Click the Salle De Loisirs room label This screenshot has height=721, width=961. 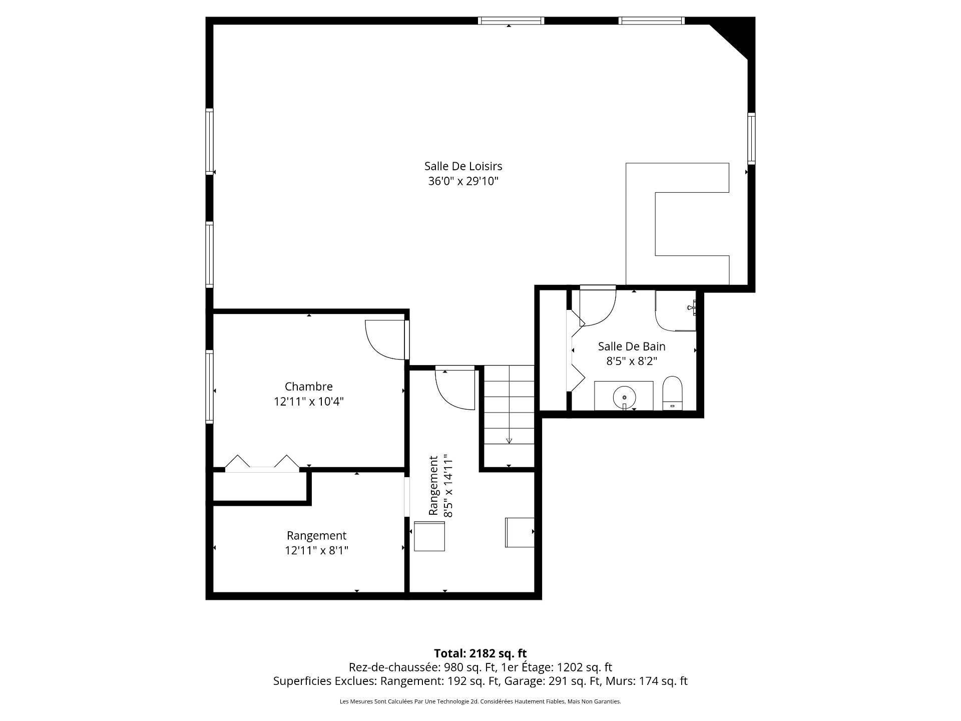463,166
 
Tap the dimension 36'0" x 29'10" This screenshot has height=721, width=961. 463,181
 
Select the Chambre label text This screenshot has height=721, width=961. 308,387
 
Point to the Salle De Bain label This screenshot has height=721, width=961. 632,346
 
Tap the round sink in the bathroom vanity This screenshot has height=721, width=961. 625,397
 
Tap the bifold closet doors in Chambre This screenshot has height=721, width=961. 262,463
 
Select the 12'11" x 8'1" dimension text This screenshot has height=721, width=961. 316,551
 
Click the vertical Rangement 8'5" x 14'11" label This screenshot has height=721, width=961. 441,486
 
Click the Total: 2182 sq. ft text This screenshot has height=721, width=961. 480,653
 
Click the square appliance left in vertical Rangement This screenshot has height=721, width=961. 429,536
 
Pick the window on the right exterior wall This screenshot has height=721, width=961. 751,139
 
